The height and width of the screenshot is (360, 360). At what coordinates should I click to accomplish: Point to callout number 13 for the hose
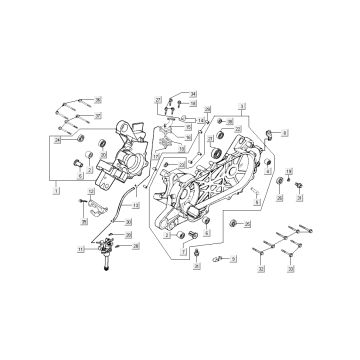134,204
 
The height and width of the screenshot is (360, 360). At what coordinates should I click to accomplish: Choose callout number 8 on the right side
285,132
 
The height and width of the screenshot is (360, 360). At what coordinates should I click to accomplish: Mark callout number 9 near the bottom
234,258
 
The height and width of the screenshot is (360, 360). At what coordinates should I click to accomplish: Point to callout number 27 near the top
157,101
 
